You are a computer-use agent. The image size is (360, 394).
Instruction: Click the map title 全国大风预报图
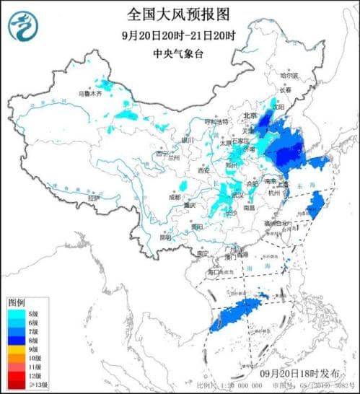tap(180, 15)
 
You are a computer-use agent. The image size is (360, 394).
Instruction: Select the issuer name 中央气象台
tap(180, 54)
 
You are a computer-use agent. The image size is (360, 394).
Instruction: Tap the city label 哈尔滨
tap(288, 74)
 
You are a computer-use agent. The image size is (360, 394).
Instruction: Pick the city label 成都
tap(175, 196)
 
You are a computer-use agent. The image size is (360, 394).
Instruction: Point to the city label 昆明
tap(167, 236)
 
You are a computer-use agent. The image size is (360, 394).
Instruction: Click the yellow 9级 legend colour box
tap(14, 347)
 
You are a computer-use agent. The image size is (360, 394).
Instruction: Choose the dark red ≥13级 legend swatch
tap(14, 385)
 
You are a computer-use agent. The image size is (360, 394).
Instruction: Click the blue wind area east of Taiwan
tap(315, 210)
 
